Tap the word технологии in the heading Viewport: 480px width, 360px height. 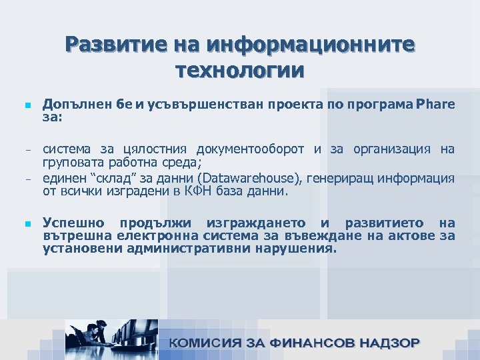[239, 69]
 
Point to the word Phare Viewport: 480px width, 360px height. [435, 104]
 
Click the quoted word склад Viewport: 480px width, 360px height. [111, 178]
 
